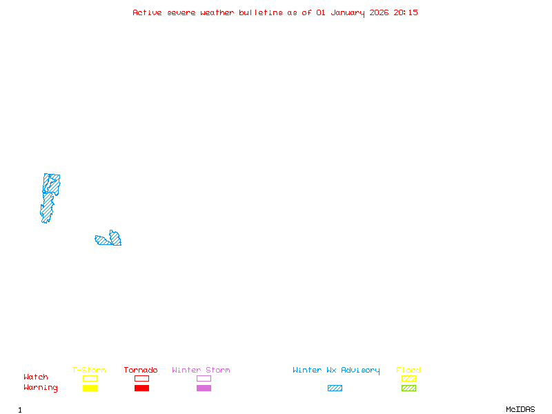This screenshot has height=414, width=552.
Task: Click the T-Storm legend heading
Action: tap(89, 371)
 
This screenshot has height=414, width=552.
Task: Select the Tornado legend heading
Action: tap(141, 371)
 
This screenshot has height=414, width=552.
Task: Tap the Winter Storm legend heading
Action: tap(201, 371)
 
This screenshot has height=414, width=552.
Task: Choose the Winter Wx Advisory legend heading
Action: tap(336, 371)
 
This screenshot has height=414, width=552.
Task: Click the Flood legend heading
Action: tap(408, 371)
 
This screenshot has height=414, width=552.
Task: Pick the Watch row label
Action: tap(36, 377)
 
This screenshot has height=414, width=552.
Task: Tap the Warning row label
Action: tap(41, 388)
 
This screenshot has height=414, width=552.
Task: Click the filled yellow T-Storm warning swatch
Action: tap(90, 388)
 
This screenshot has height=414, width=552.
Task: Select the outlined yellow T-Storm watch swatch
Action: tap(90, 378)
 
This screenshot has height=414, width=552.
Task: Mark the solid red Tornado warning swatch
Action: tap(141, 388)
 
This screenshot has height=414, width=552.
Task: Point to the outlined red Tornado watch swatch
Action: tap(141, 378)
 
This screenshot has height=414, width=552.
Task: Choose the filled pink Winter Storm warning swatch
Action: tap(204, 388)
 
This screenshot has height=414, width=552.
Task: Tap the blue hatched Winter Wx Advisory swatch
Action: tap(335, 388)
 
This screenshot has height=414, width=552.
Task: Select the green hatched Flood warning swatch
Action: tap(408, 388)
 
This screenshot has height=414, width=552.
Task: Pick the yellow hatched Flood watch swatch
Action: tap(408, 378)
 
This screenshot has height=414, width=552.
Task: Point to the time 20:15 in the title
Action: tap(406, 12)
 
